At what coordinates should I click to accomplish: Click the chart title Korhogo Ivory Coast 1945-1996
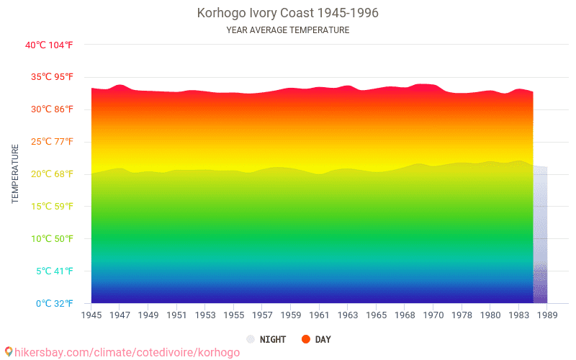coord(287,13)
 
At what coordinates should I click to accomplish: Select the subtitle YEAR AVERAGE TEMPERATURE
coord(287,30)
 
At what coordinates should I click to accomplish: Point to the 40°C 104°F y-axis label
coord(49,45)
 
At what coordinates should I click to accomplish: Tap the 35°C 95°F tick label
coord(49,77)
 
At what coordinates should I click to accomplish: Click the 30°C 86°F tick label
coord(49,109)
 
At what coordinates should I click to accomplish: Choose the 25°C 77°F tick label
coord(49,142)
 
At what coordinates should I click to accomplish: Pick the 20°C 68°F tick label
coord(49,174)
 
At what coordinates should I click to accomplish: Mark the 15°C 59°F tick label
coord(49,207)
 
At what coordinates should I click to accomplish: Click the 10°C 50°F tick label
coord(49,239)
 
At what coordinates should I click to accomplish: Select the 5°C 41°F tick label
coord(49,271)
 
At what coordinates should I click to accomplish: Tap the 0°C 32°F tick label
coord(49,303)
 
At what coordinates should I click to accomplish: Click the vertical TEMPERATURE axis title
coord(15,174)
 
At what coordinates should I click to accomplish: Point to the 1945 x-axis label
coord(91,315)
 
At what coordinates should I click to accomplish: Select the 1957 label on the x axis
coord(262,315)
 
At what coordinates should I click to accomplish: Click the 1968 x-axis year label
coord(405,315)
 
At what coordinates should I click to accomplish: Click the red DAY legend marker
coord(305,339)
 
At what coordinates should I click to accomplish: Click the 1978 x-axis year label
coord(462,315)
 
